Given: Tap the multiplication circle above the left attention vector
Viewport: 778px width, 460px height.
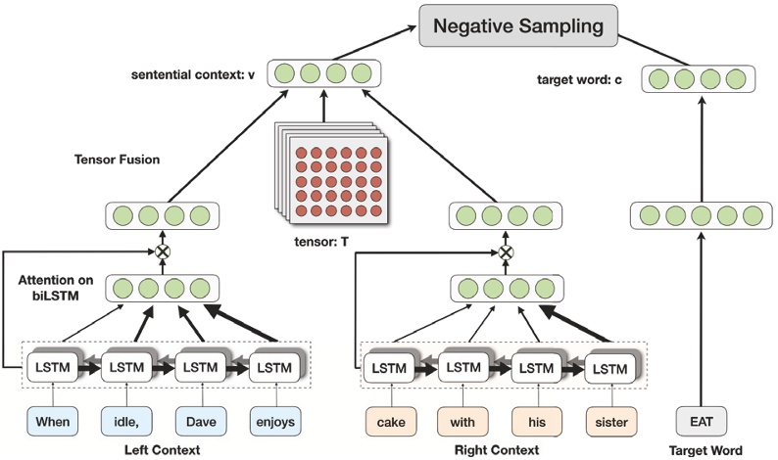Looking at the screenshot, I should (x=163, y=251).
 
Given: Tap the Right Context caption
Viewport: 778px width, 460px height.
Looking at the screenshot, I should (x=498, y=449).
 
